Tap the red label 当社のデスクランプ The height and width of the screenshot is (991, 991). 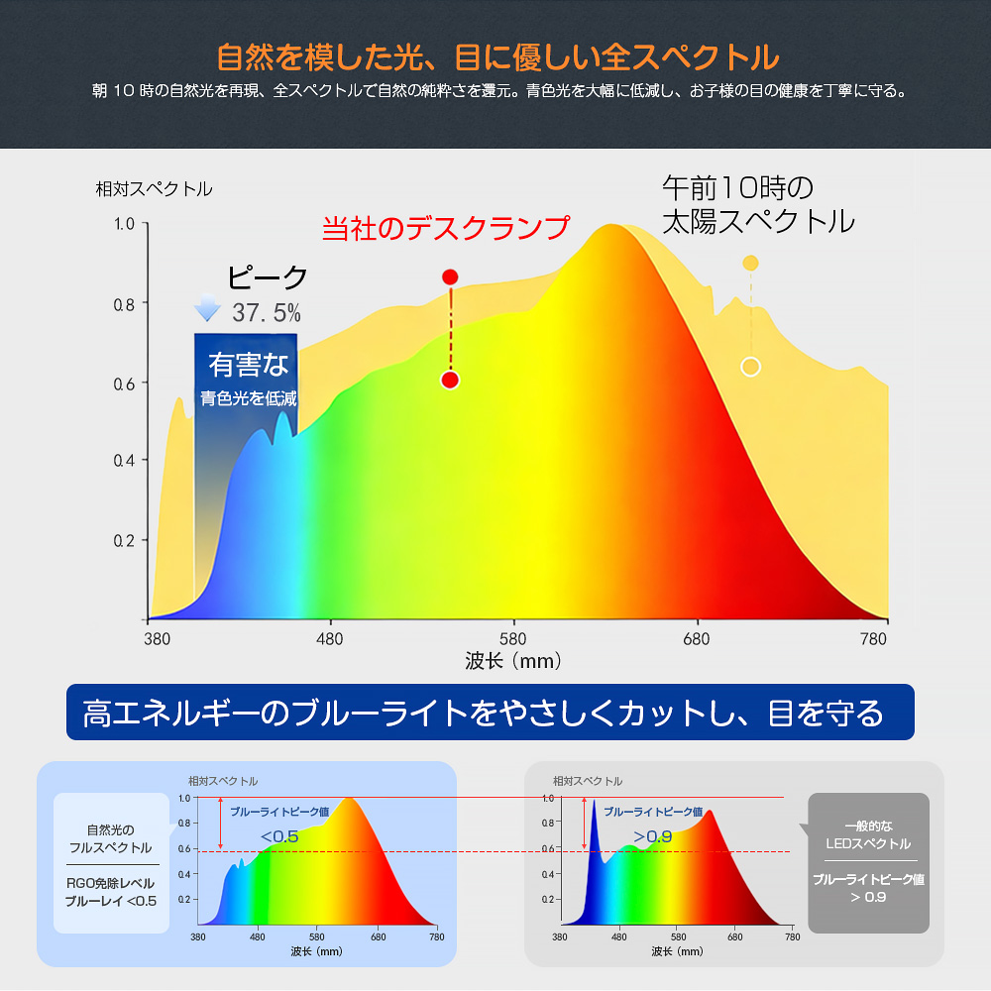pos(447,228)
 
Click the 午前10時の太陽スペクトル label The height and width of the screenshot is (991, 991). pos(758,204)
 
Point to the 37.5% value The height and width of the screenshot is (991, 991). pos(267,313)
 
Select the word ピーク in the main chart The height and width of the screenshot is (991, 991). pos(268,277)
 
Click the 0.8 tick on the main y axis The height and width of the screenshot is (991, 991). pos(124,303)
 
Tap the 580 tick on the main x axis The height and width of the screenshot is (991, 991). pos(513,639)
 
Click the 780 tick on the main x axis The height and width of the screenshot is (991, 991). pos(874,639)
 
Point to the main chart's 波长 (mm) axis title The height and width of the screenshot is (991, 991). pos(513,660)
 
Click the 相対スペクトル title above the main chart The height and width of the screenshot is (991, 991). pos(154,188)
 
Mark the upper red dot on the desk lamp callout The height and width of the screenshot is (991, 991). pos(450,276)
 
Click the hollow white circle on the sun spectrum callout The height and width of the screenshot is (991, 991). pos(750,367)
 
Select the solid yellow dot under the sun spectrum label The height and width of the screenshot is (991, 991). pos(750,263)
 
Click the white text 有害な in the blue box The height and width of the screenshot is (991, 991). pos(249,365)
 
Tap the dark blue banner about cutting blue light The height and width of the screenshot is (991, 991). pos(490,712)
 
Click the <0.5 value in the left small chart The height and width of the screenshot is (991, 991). pos(279,836)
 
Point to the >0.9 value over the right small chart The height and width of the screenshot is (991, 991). pos(652,836)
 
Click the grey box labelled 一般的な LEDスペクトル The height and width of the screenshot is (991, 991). pos(869,862)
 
